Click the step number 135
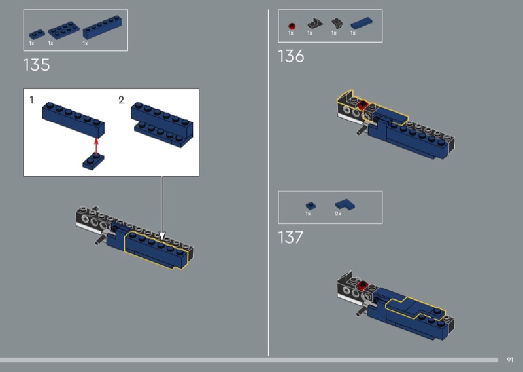tap(37, 65)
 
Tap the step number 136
tap(291, 56)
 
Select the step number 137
tap(290, 237)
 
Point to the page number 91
tap(510, 360)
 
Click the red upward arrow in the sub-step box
tap(96, 146)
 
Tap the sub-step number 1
tap(31, 100)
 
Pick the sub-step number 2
tap(121, 100)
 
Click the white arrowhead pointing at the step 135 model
tap(162, 236)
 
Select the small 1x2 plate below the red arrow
tap(93, 162)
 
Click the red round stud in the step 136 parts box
tap(292, 26)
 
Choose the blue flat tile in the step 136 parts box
tap(362, 24)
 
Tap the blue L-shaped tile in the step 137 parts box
tap(345, 204)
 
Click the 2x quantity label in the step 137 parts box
tap(338, 214)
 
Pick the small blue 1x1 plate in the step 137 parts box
tap(311, 206)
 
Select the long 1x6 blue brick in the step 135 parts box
tap(102, 27)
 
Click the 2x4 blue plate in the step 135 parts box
tap(63, 30)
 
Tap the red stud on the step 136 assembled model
tap(363, 105)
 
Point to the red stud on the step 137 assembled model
tap(362, 286)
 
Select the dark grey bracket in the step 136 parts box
tap(315, 24)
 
